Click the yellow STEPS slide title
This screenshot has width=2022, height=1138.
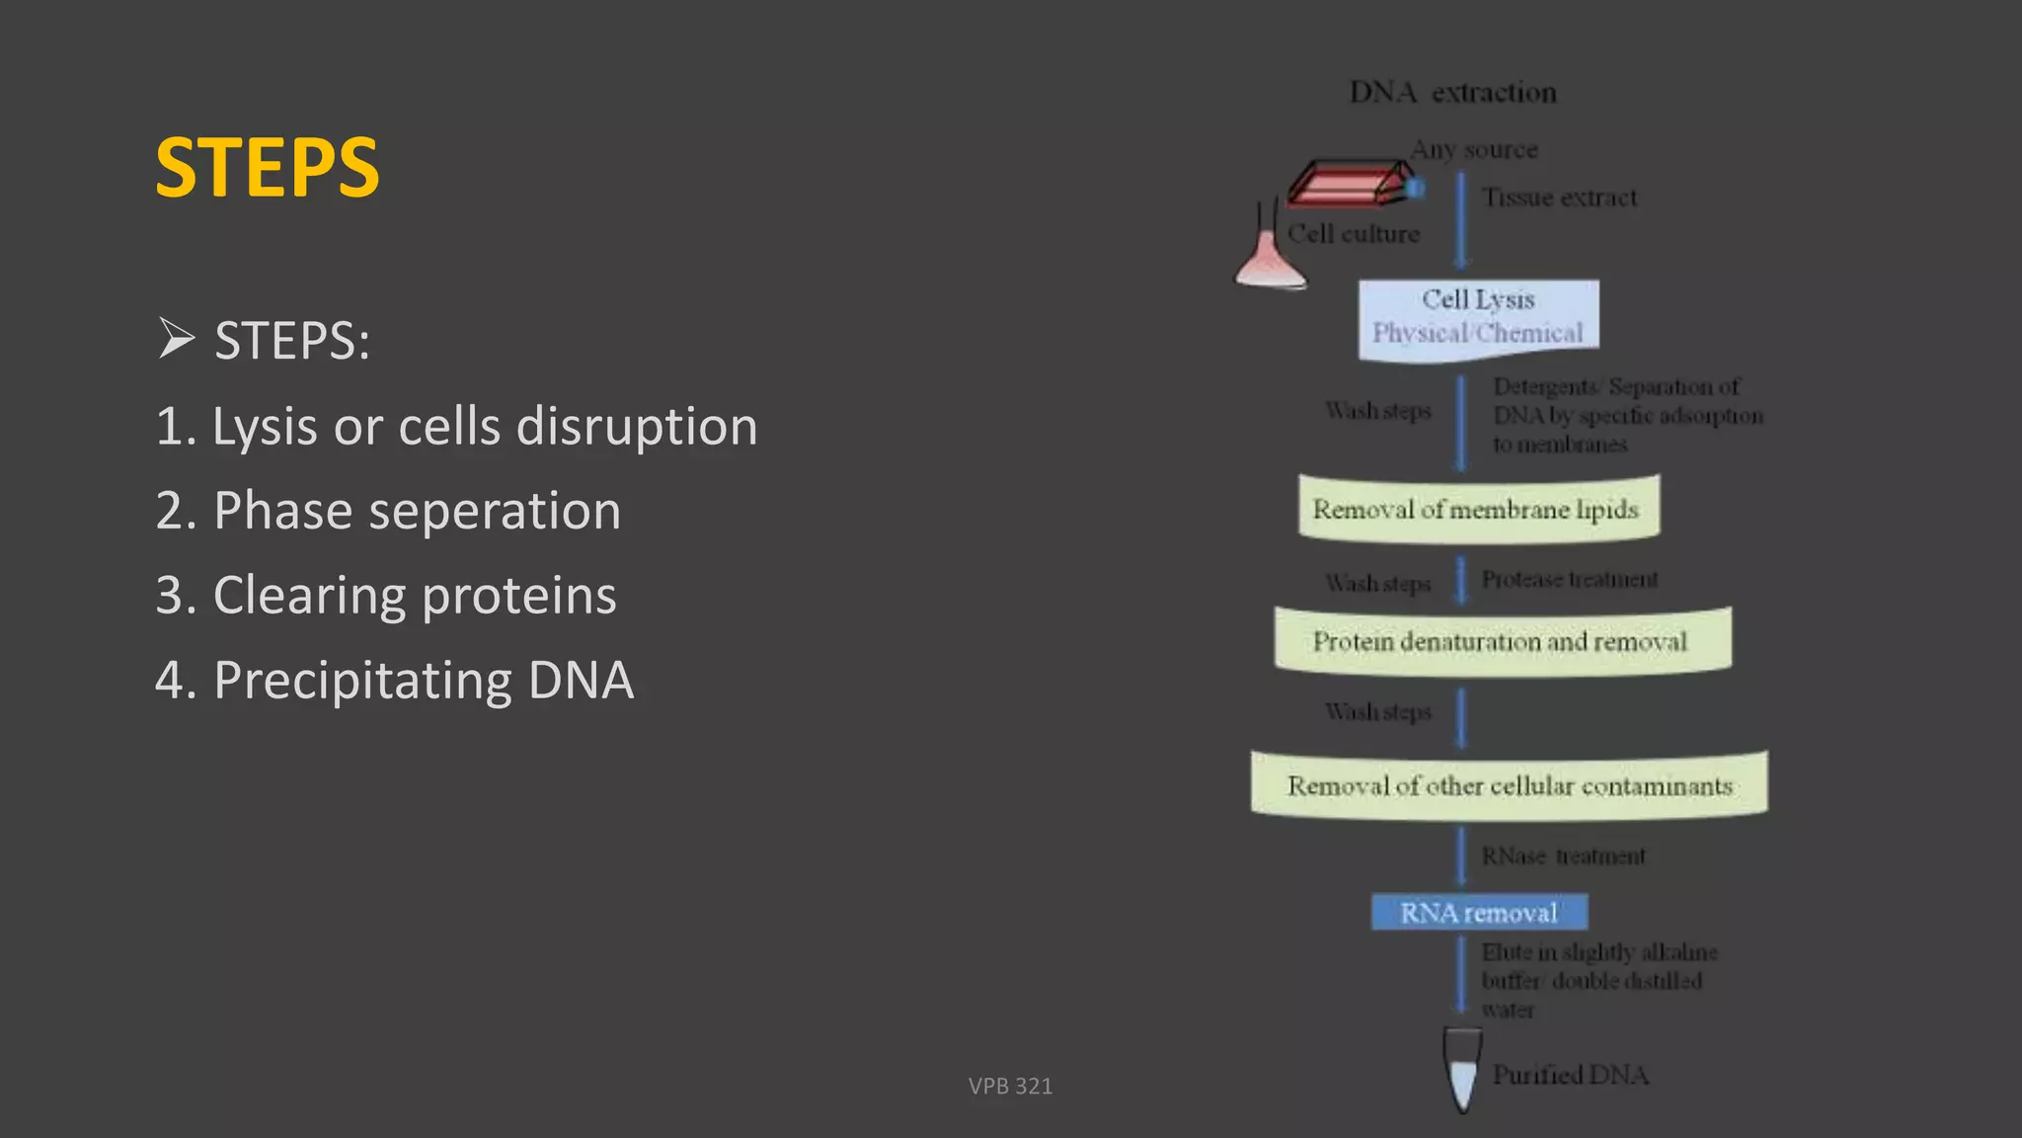(268, 168)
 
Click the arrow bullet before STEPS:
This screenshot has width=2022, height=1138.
(176, 340)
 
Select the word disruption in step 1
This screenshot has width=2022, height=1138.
(637, 427)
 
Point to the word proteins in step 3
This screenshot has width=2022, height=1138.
(519, 596)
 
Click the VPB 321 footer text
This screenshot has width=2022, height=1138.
(1010, 1086)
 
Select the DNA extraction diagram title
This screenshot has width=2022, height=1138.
(1452, 93)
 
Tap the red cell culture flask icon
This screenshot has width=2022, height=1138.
(1353, 184)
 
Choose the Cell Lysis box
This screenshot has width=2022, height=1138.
(1478, 316)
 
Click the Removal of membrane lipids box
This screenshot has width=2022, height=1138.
(1478, 509)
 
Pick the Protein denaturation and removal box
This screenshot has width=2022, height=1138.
(1502, 641)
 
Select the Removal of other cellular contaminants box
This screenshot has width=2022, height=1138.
(1509, 785)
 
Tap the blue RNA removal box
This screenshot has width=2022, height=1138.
(1479, 912)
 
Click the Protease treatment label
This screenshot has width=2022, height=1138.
(1569, 579)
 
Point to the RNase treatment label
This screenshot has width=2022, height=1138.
(1563, 855)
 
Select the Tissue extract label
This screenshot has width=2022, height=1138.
(1559, 198)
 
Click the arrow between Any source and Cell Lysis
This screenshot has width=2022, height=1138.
(1461, 219)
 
